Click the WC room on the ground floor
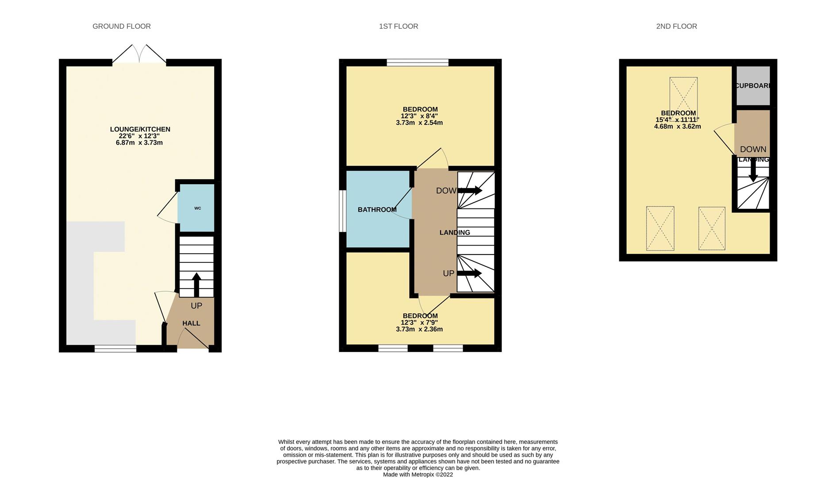pyautogui.click(x=196, y=208)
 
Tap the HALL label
pyautogui.click(x=191, y=324)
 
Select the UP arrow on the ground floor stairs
pyautogui.click(x=196, y=285)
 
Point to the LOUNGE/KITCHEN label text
pyautogui.click(x=140, y=129)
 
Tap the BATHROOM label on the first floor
pyautogui.click(x=377, y=210)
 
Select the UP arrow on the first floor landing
pyautogui.click(x=470, y=274)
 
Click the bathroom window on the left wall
pyautogui.click(x=342, y=211)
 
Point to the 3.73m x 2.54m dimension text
pyautogui.click(x=419, y=123)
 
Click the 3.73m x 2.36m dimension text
pyautogui.click(x=419, y=329)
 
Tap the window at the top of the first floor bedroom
pyautogui.click(x=417, y=62)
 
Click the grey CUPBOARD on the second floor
pyautogui.click(x=752, y=86)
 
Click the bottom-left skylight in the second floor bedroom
pyautogui.click(x=660, y=228)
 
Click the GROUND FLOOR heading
pyautogui.click(x=122, y=27)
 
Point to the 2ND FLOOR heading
pyautogui.click(x=676, y=27)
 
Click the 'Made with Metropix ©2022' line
pyautogui.click(x=418, y=474)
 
